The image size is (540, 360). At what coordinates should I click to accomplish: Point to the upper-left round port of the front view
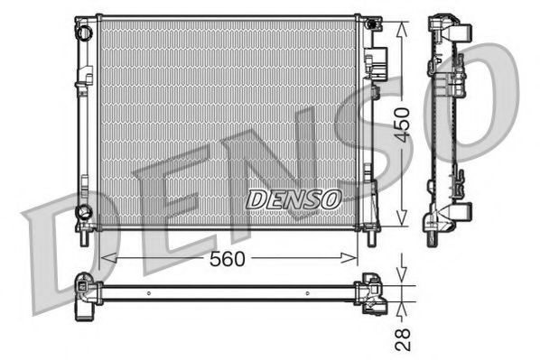coord(84,33)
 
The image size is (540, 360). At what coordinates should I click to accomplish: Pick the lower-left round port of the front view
coord(84,212)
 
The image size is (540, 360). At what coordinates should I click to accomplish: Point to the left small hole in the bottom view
coord(150,292)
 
